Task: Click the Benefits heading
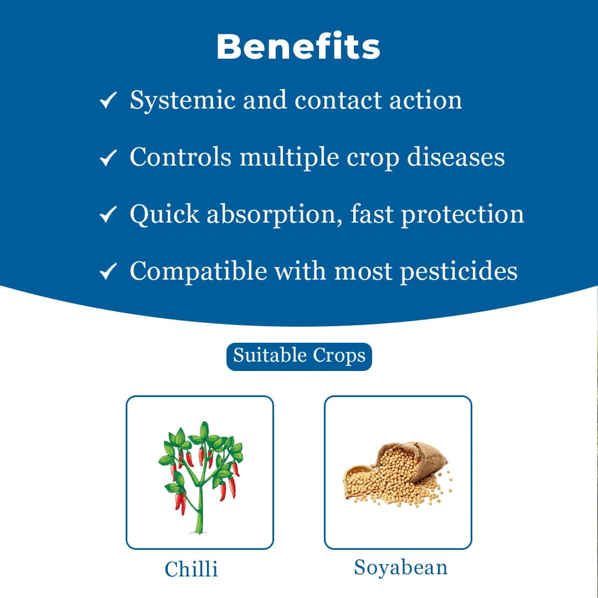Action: (298, 47)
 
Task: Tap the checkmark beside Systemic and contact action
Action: (107, 101)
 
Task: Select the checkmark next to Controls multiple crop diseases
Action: (107, 158)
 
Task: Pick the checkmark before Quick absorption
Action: (107, 214)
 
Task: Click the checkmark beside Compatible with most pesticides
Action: (107, 271)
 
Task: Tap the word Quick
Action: (164, 214)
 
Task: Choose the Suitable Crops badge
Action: (299, 355)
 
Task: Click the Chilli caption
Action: (192, 569)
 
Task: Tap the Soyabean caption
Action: (401, 568)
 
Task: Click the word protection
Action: (462, 214)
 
